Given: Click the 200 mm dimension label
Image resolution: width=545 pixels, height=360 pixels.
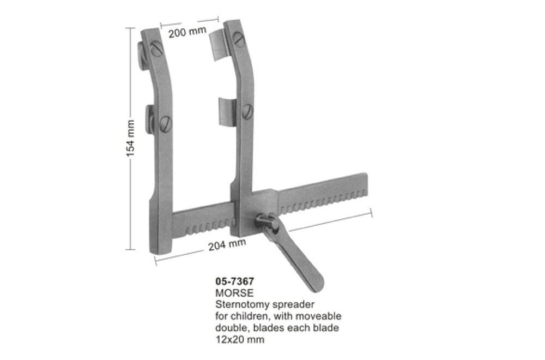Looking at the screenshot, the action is pos(187,32).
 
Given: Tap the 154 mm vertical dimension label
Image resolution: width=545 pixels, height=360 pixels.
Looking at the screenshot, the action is pos(130,138).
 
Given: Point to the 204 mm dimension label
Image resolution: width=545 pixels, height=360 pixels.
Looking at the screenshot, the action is pos(227,244).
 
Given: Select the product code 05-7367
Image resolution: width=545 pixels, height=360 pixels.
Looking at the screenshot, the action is pos(234,281).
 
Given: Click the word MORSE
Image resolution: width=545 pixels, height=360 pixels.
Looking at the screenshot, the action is pos(234,293).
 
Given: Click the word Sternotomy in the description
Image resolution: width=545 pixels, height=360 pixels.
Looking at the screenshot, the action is pos(240,305).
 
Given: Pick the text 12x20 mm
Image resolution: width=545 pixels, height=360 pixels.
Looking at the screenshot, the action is pos(240,339).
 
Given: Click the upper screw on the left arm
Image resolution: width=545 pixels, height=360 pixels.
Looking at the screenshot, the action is pos(157,49).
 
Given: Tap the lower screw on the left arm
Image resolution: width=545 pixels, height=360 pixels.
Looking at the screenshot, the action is pos(166,124).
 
